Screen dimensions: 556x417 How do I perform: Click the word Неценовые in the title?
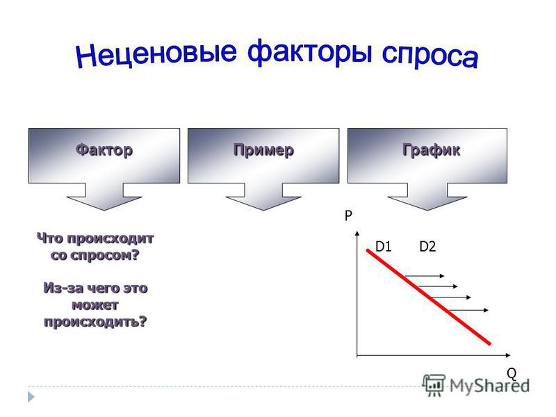[x=156, y=54]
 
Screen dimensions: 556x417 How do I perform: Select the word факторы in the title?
[x=310, y=53]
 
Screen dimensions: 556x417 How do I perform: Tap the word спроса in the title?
[x=430, y=56]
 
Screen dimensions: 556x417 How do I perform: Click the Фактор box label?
[x=104, y=150]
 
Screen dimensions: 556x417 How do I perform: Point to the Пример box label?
[x=263, y=150]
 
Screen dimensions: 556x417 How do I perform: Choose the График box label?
[x=431, y=150]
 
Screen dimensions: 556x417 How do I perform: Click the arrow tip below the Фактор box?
[x=104, y=211]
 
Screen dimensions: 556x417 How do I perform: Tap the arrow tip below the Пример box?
[x=263, y=211]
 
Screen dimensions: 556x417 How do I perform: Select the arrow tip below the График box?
[x=427, y=211]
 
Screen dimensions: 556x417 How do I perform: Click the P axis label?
[x=348, y=215]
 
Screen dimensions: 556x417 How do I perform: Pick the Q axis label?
[x=512, y=373]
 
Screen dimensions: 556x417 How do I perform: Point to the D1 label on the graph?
[x=383, y=247]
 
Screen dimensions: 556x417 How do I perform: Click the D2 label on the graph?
[x=427, y=247]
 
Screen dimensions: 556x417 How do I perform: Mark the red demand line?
[x=429, y=297]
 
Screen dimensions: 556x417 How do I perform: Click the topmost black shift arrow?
[x=425, y=276]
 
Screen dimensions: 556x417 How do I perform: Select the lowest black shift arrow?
[x=468, y=310]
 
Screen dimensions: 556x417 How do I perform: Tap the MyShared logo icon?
[x=434, y=385]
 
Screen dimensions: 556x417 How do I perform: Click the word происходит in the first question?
[x=111, y=238]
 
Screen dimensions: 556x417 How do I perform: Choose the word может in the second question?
[x=95, y=305]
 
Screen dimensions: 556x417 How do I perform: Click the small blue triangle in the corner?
[x=31, y=397]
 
